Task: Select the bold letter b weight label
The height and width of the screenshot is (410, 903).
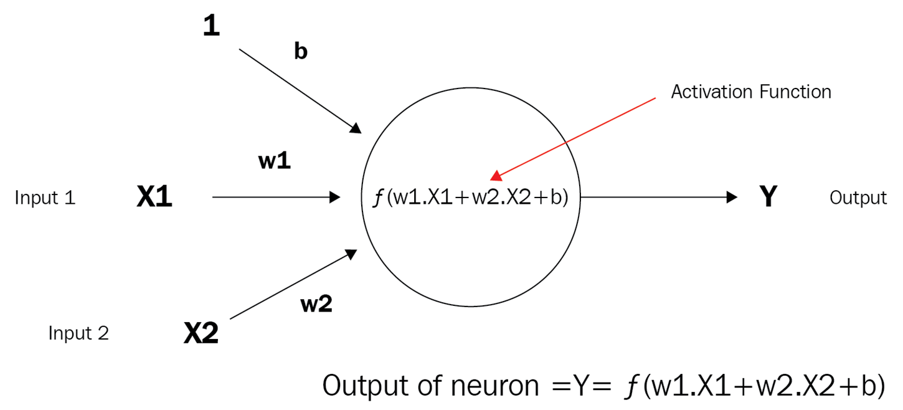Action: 301,52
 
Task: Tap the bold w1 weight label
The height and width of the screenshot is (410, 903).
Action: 275,161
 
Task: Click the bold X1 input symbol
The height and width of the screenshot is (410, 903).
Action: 154,198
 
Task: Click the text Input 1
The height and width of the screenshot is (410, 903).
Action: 45,198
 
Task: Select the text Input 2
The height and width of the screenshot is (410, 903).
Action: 78,333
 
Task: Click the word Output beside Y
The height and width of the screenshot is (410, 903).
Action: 858,198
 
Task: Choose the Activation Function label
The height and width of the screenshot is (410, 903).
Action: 751,92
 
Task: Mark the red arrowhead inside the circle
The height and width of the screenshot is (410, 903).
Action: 496,175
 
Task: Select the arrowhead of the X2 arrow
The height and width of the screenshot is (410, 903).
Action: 351,254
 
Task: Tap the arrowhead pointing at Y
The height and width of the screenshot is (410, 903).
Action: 732,198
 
